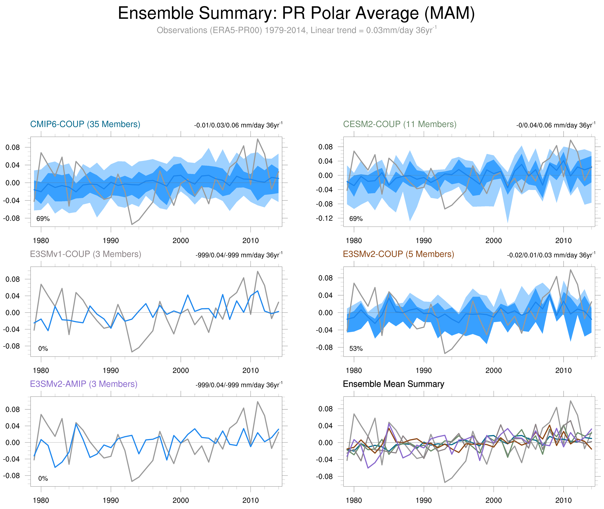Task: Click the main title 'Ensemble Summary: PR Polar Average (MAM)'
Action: (296, 14)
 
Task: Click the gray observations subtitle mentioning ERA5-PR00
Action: (296, 30)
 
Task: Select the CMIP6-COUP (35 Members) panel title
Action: (85, 124)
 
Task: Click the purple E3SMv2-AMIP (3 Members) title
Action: (84, 384)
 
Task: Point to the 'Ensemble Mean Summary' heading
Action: (394, 384)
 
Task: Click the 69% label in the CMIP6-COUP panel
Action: (43, 219)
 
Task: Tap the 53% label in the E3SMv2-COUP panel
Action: (356, 348)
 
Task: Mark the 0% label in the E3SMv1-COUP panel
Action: (43, 348)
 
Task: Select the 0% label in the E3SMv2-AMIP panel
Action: (43, 478)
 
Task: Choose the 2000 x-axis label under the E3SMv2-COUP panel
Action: (494, 371)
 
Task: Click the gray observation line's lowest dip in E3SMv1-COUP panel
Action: (132, 352)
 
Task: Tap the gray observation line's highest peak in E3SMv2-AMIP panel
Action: (257, 401)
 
